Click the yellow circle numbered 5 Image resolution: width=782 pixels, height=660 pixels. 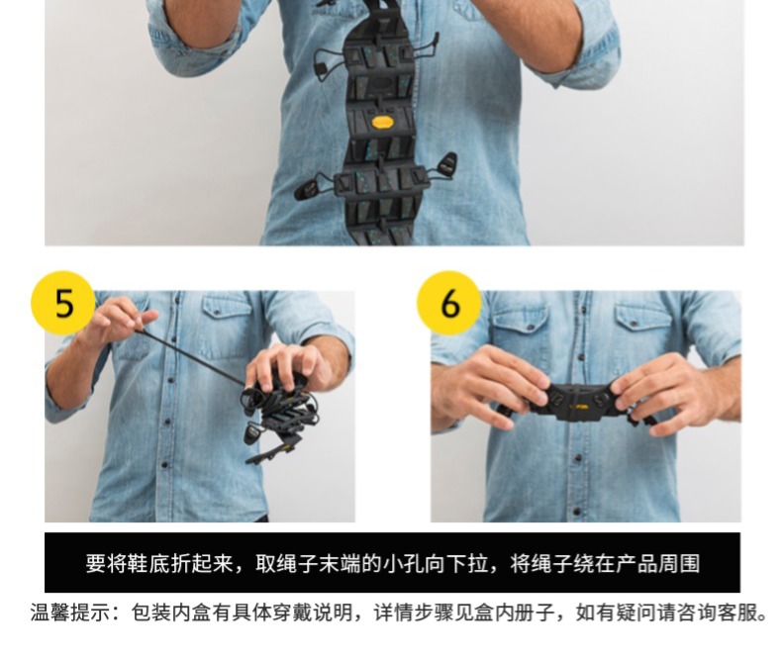62,303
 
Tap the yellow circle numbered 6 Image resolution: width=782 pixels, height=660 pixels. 448,303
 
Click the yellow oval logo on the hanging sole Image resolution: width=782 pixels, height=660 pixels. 382,122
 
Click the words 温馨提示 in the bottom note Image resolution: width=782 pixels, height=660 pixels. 69,613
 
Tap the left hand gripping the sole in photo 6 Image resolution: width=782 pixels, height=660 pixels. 491,386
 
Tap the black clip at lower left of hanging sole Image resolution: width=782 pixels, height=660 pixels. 308,189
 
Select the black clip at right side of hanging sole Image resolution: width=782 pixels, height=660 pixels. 446,165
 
